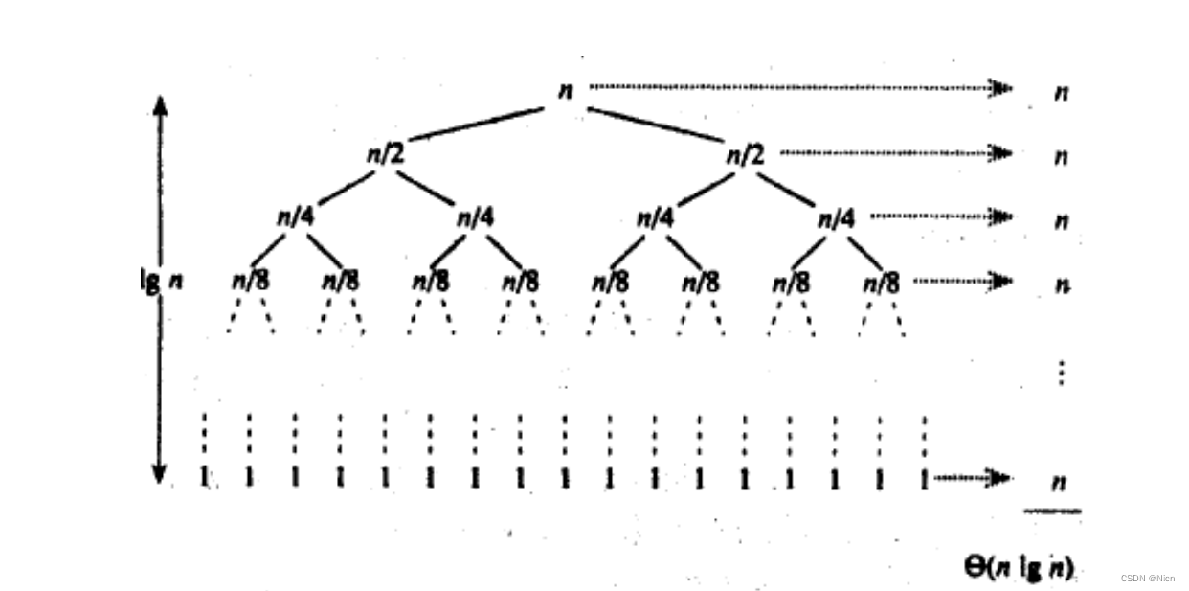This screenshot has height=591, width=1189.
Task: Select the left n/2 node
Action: pos(385,153)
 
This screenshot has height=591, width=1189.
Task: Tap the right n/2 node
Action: pos(746,153)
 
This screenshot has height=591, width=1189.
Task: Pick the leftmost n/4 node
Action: pos(295,216)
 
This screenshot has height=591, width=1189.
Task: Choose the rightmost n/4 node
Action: pos(835,218)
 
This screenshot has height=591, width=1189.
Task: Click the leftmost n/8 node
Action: pos(251,282)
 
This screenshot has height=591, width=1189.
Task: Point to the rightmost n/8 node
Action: pos(882,283)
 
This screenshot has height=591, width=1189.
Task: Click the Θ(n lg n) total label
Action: pos(1018,566)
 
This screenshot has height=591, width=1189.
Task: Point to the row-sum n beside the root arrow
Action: pos(1061,92)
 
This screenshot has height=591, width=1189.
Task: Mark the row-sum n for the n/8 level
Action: pos(1061,284)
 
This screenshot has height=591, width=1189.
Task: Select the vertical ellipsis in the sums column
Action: pos(1061,372)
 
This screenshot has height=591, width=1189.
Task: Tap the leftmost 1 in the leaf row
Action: pos(204,476)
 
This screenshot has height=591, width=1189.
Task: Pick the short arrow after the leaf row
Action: pos(972,477)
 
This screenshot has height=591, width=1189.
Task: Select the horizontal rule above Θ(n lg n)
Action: pos(1052,511)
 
